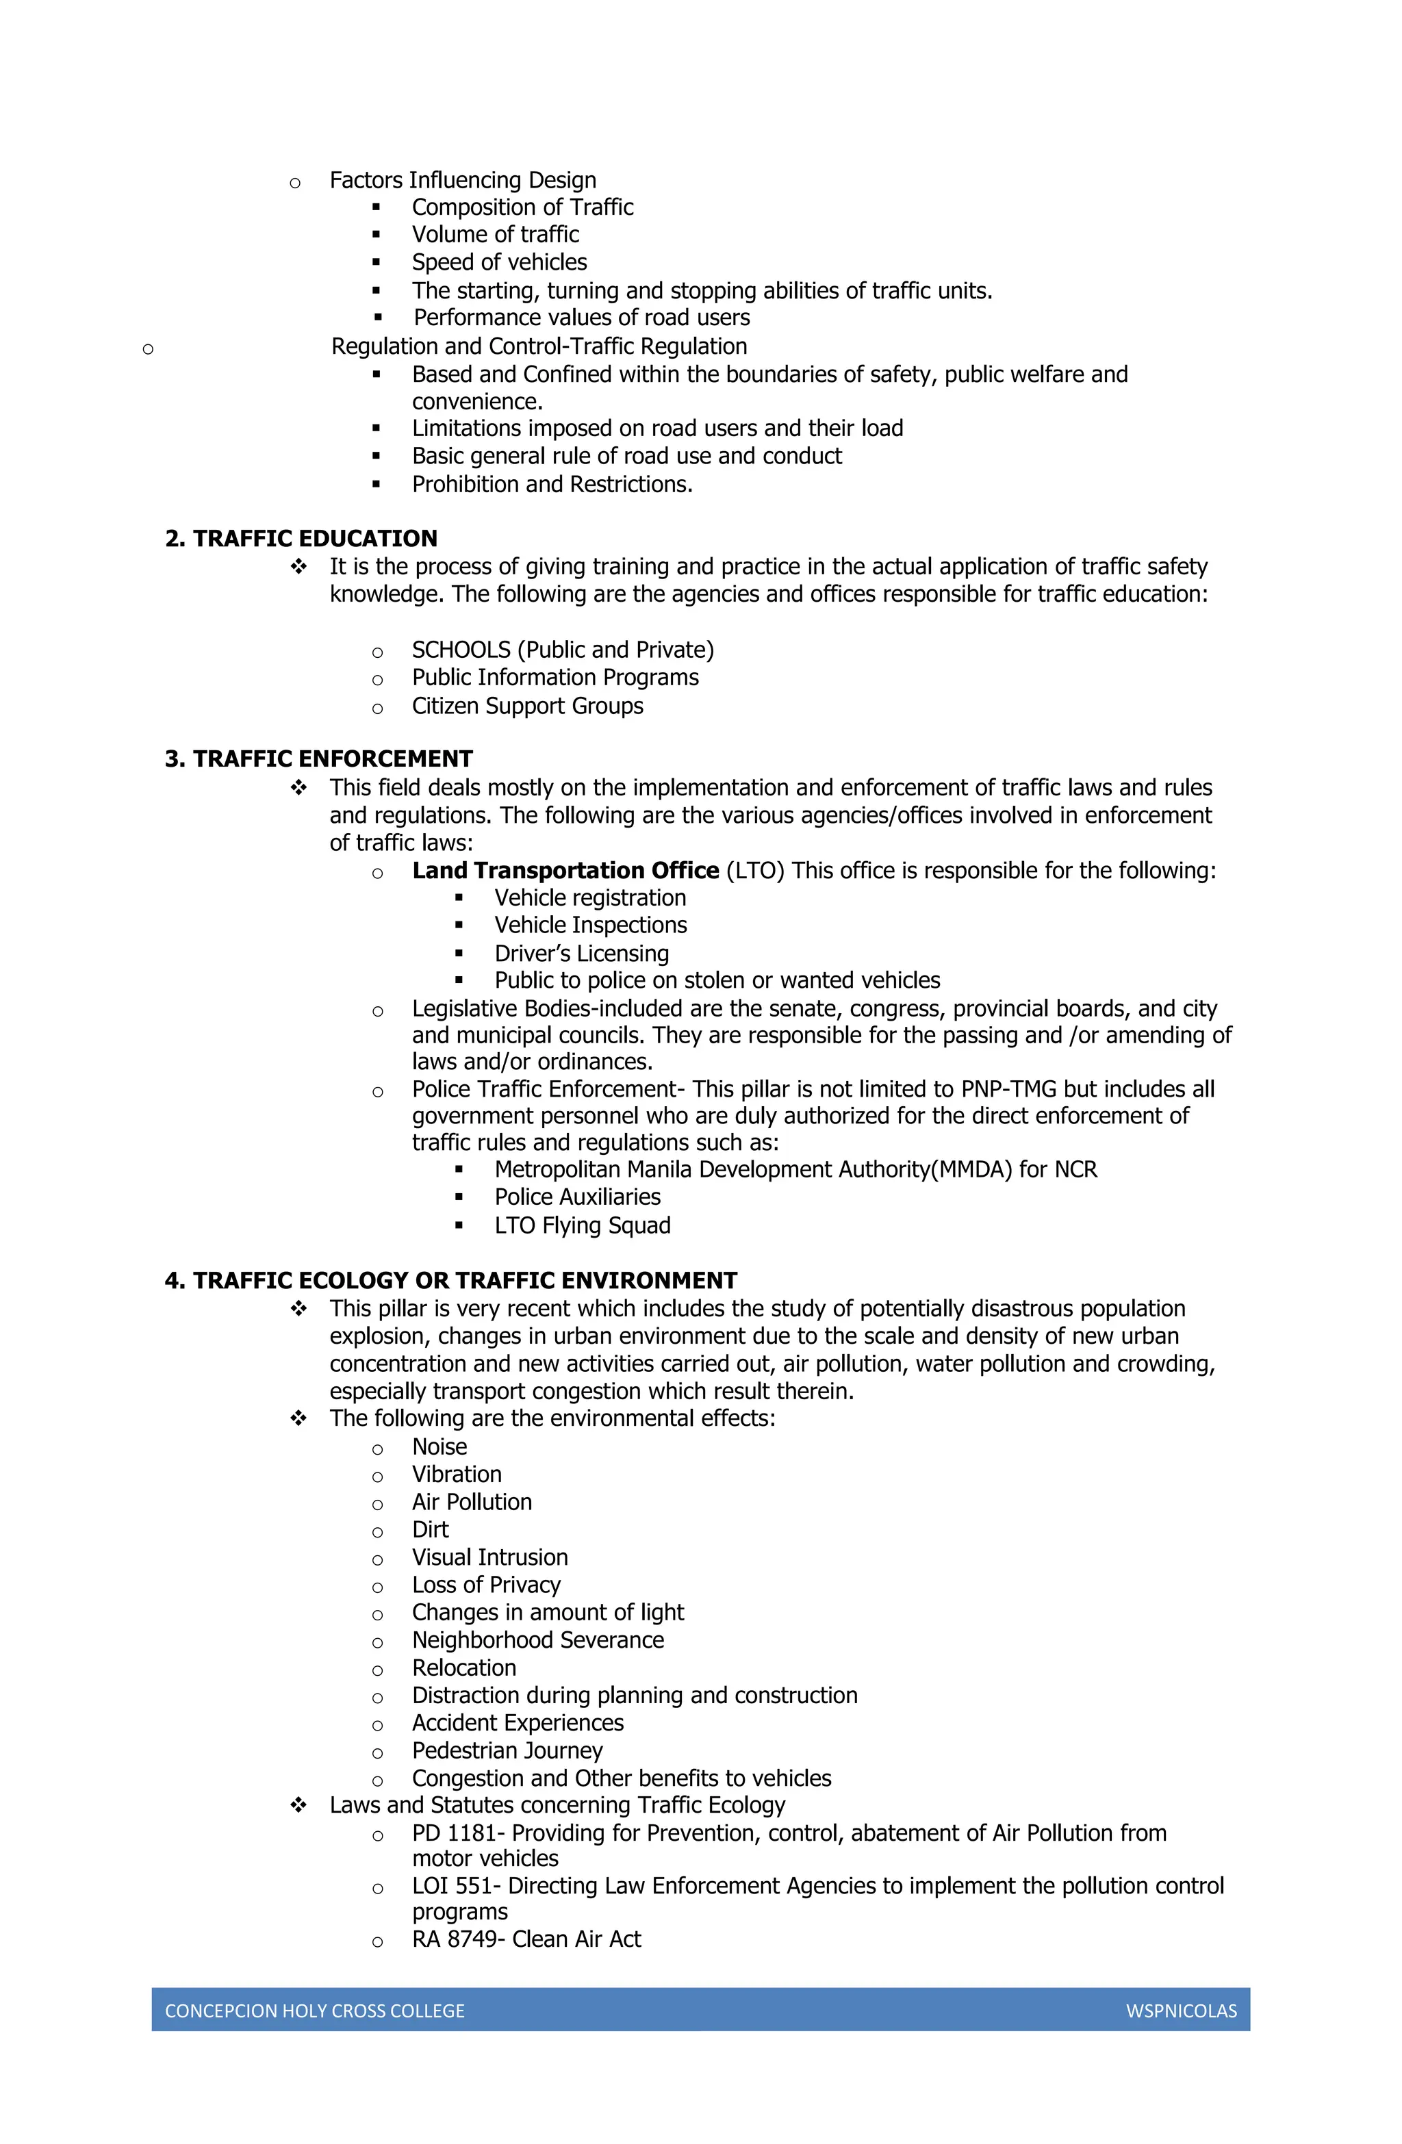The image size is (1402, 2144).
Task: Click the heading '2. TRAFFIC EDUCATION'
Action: coord(301,539)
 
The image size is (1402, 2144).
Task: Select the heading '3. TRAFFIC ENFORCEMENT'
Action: coord(319,759)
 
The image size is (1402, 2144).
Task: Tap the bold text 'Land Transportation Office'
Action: coord(565,871)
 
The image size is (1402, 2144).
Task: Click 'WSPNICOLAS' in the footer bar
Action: coord(1180,2011)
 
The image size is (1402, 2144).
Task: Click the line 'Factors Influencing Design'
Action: coord(462,180)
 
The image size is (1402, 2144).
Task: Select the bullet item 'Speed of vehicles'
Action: coord(499,262)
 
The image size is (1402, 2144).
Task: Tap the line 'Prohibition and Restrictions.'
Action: coord(552,485)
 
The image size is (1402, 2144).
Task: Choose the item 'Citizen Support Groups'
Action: coord(527,706)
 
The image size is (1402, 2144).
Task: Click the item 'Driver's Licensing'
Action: coord(581,953)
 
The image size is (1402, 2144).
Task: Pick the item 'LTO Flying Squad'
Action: coord(582,1225)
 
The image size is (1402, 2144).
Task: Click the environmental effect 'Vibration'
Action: coord(456,1475)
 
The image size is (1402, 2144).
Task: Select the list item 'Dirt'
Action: coord(430,1530)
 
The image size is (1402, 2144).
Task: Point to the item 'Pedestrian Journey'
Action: coord(507,1750)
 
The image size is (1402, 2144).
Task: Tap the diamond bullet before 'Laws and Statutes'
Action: coord(298,1805)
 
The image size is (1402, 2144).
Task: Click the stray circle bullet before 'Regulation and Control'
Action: coord(148,350)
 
